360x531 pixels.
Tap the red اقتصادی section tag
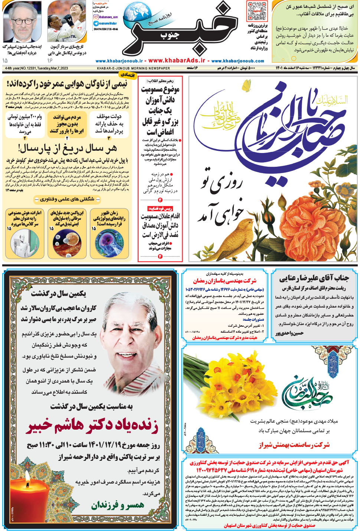pos(127,75)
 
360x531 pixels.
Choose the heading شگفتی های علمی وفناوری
pos(67,199)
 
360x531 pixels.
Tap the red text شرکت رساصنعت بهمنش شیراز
pos(294,444)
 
